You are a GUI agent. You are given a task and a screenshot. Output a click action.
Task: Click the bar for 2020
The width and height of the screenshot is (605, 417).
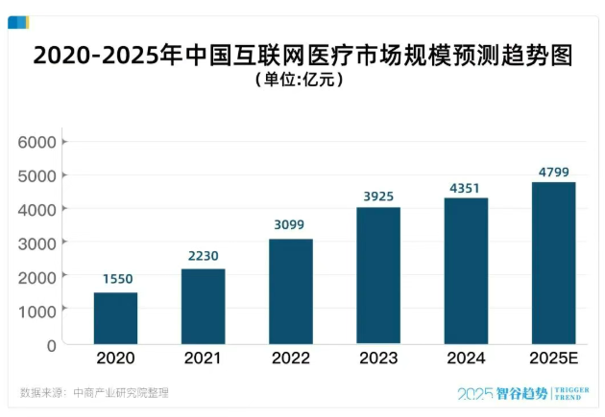(x=115, y=317)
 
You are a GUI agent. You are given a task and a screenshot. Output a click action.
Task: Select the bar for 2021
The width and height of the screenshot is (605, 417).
(x=203, y=306)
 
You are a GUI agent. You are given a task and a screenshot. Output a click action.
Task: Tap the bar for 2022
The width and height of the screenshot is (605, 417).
(x=290, y=290)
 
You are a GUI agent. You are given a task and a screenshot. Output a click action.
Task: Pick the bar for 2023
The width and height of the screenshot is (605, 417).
(x=378, y=275)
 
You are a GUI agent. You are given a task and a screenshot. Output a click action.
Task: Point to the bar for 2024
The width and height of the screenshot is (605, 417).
(x=466, y=270)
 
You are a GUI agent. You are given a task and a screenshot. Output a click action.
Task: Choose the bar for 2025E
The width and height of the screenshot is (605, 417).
(x=553, y=263)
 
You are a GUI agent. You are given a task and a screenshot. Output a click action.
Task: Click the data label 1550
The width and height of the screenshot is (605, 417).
(x=115, y=279)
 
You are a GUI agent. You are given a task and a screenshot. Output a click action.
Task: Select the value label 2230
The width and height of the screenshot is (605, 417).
(x=203, y=256)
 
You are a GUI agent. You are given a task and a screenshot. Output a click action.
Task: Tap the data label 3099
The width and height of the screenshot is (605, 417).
(x=290, y=225)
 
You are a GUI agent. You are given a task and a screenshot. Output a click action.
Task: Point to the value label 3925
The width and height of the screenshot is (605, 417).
(x=378, y=197)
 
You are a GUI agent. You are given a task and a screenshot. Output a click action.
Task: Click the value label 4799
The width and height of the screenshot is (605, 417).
(x=553, y=171)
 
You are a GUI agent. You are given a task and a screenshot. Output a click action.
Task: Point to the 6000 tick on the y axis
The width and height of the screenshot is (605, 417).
(x=38, y=142)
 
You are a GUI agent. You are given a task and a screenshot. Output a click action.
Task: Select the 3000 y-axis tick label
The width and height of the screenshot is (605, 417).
(x=38, y=243)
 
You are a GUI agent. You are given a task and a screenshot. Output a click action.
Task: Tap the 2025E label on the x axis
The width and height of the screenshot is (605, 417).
(x=553, y=359)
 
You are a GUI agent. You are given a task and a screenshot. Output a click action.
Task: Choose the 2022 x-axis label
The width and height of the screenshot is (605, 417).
(x=290, y=359)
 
